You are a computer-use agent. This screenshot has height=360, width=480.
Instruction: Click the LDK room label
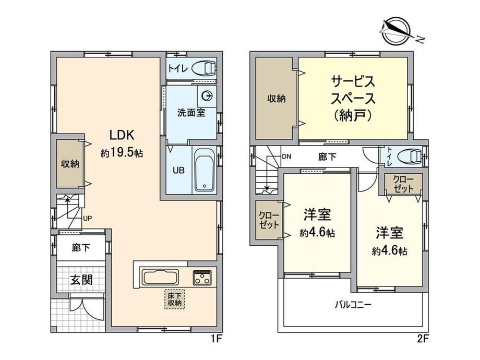click(122, 135)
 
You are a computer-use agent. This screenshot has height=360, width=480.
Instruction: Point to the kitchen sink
click(159, 278)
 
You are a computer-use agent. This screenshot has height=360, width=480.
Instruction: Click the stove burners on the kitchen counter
click(202, 278)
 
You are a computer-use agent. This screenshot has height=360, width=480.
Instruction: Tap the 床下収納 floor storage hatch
click(175, 299)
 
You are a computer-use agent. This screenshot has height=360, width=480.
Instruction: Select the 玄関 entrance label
click(81, 280)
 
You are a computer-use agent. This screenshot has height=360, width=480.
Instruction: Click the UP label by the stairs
click(87, 218)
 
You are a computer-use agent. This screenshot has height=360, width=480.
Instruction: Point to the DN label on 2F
click(286, 157)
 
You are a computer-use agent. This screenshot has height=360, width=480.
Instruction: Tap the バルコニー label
click(353, 305)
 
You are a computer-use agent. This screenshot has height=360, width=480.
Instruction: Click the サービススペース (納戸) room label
click(353, 99)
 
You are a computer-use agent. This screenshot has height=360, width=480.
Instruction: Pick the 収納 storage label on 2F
click(277, 99)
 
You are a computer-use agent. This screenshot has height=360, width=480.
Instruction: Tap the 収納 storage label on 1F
click(70, 164)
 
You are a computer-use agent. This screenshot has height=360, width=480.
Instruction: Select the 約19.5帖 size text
click(122, 153)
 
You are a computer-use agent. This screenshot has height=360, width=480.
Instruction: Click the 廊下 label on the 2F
click(327, 157)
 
